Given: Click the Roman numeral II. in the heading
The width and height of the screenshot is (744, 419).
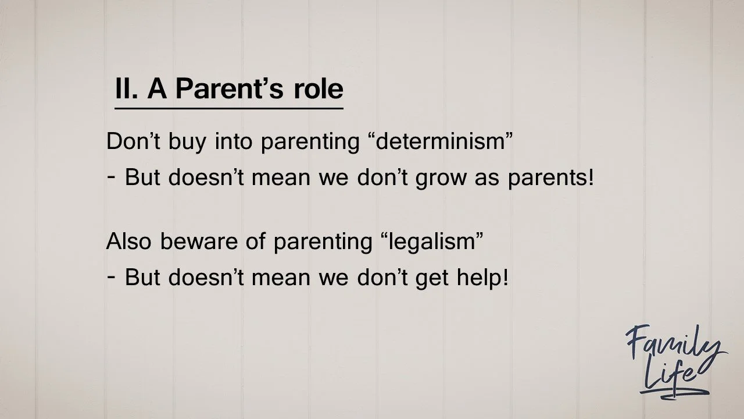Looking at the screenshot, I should pyautogui.click(x=127, y=89).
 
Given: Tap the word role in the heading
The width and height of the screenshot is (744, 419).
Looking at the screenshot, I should pyautogui.click(x=319, y=89).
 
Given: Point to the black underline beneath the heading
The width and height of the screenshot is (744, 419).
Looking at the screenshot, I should pyautogui.click(x=228, y=108).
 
